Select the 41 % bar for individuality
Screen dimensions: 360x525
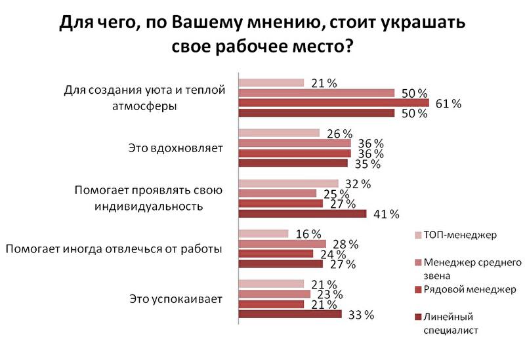pos(302,213)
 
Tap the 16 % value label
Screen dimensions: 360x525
pos(307,234)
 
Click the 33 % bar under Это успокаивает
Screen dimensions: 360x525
pos(289,314)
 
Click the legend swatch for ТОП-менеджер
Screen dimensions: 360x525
pos(417,234)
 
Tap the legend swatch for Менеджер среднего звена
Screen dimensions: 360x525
pos(417,262)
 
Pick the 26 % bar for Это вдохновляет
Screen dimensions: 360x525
pos(278,133)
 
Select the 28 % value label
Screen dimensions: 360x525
pos(345,244)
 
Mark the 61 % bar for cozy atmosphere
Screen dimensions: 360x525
pos(333,104)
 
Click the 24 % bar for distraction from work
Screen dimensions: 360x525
pos(275,254)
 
